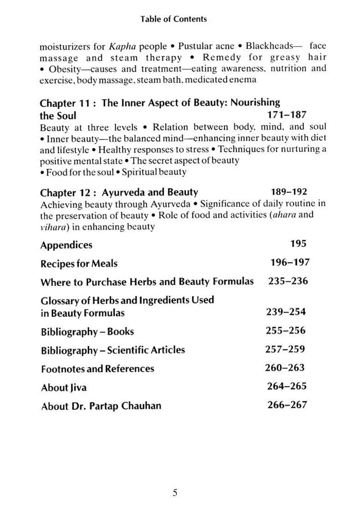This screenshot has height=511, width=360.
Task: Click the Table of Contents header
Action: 174,19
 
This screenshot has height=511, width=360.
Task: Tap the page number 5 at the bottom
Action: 175,493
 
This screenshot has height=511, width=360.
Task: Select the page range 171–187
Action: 286,115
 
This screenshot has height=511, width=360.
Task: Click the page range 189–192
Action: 288,192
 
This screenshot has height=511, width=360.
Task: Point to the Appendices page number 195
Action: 298,244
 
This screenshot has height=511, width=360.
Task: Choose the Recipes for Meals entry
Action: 79,264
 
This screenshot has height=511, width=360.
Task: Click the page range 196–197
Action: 290,263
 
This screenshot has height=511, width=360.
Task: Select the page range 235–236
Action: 288,281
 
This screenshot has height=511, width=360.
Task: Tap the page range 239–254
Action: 286,312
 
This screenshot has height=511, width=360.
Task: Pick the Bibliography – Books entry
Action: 87,332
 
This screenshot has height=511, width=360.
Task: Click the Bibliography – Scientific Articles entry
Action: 113,350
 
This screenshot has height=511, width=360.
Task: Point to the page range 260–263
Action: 285,368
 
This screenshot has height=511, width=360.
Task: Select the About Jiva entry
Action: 64,388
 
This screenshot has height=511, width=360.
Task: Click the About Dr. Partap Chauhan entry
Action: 101,406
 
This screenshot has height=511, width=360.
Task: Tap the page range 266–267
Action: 287,405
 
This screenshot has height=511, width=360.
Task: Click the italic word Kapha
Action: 122,47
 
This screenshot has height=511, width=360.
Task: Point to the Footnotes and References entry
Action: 97,369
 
